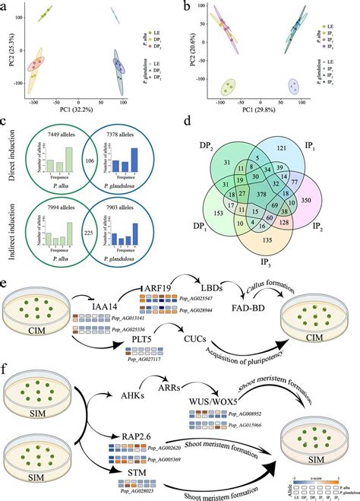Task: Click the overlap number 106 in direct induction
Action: click(x=90, y=162)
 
